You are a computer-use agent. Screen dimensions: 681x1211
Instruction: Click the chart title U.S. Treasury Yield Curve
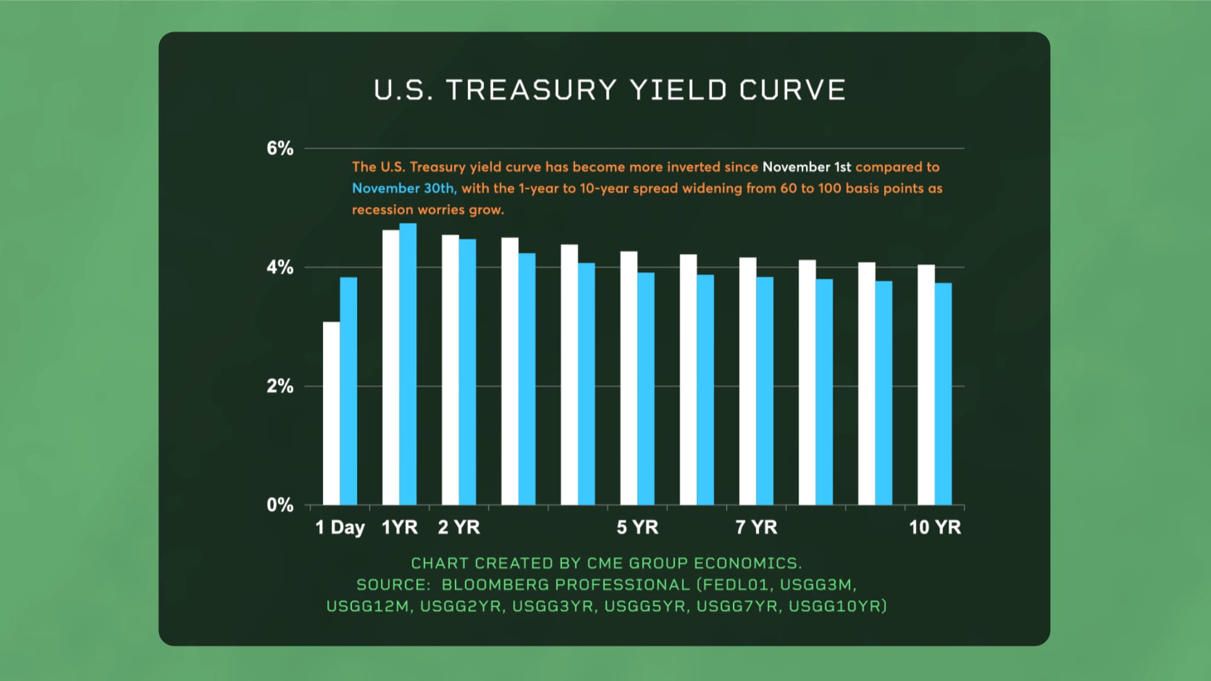pyautogui.click(x=609, y=90)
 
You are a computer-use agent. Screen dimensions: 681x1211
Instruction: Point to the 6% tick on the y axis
pyautogui.click(x=279, y=149)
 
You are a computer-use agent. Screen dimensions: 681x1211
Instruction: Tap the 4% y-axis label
pyautogui.click(x=279, y=267)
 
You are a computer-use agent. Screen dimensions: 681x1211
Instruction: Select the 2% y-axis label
pyautogui.click(x=279, y=386)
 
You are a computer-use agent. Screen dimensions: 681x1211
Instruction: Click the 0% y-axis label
pyautogui.click(x=279, y=505)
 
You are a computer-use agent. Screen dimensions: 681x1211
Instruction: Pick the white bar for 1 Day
pyautogui.click(x=331, y=413)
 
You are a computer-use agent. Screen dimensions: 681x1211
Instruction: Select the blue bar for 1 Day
pyautogui.click(x=348, y=391)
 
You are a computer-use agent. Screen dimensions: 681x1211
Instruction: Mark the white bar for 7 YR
pyautogui.click(x=747, y=381)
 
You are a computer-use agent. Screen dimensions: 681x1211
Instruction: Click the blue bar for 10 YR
pyautogui.click(x=943, y=393)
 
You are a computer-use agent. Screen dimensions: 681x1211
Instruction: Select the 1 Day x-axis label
pyautogui.click(x=340, y=527)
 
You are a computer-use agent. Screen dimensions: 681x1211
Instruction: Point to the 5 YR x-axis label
pyautogui.click(x=637, y=527)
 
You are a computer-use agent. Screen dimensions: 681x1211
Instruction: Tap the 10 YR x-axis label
pyautogui.click(x=935, y=527)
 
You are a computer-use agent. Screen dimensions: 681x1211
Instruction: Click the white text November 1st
pyautogui.click(x=806, y=167)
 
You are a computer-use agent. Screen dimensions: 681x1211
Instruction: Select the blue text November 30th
pyautogui.click(x=404, y=189)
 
